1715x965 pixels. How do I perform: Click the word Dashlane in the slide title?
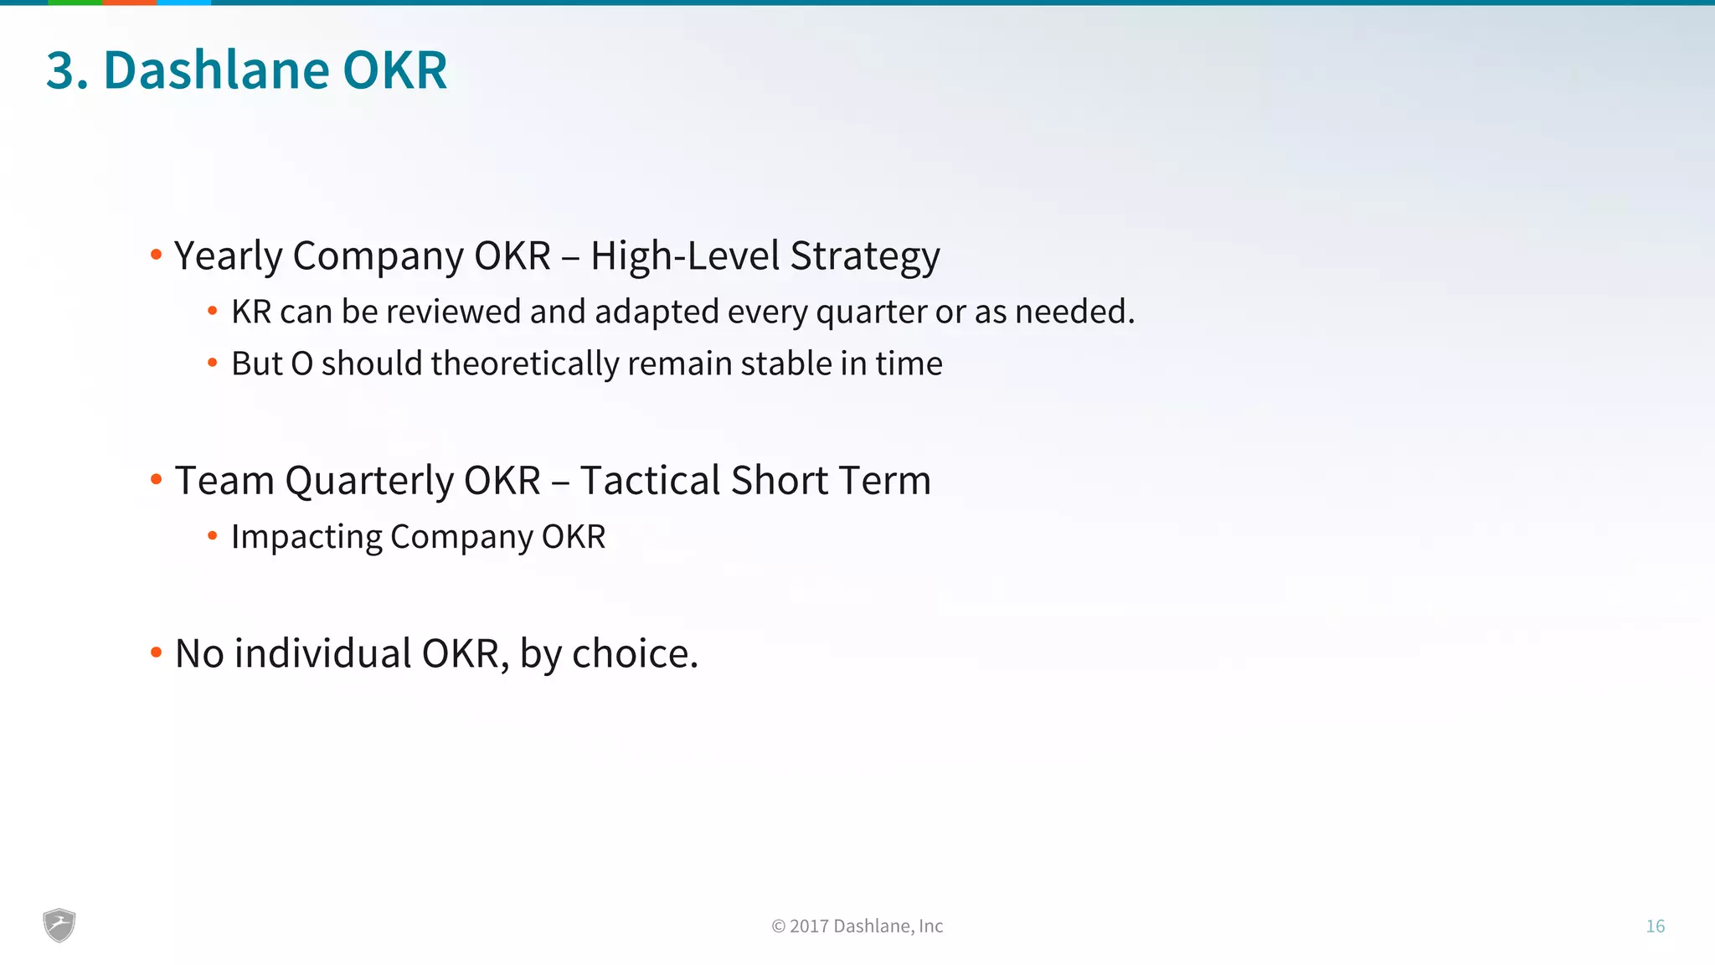[x=216, y=70]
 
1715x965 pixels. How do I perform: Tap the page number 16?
[x=1655, y=926]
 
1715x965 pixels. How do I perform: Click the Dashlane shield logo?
[x=59, y=926]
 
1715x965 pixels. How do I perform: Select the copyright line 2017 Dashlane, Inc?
[x=857, y=926]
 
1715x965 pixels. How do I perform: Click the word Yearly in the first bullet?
[x=227, y=256]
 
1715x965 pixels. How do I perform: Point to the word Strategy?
[x=865, y=256]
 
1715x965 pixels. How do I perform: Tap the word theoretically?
[x=525, y=364]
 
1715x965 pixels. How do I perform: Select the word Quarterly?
[x=368, y=482]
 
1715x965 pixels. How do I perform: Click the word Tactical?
[x=650, y=481]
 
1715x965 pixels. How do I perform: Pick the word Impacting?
[x=306, y=537]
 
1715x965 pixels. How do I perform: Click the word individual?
[x=322, y=654]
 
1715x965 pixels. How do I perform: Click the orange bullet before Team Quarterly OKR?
[x=156, y=479]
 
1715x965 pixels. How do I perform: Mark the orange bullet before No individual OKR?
[x=156, y=652]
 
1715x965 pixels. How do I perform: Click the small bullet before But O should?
[x=213, y=363]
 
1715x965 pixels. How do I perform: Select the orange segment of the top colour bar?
[x=129, y=3]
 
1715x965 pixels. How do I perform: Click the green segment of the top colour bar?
[x=75, y=3]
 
